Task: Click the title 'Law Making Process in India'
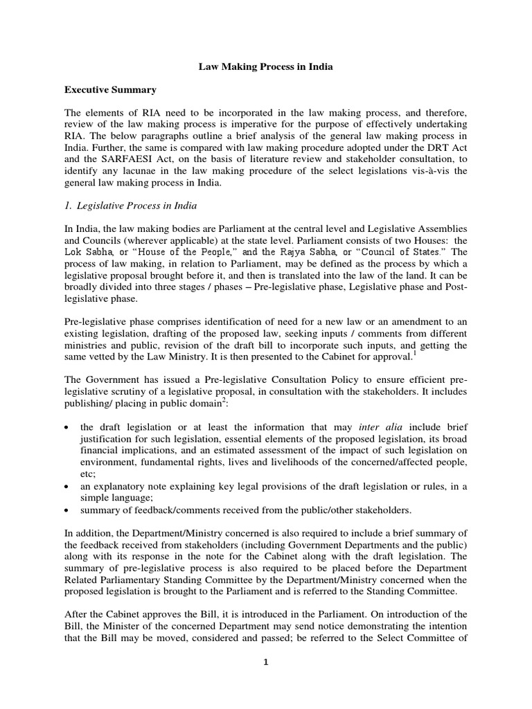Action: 266,67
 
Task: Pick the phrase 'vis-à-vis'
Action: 429,169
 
